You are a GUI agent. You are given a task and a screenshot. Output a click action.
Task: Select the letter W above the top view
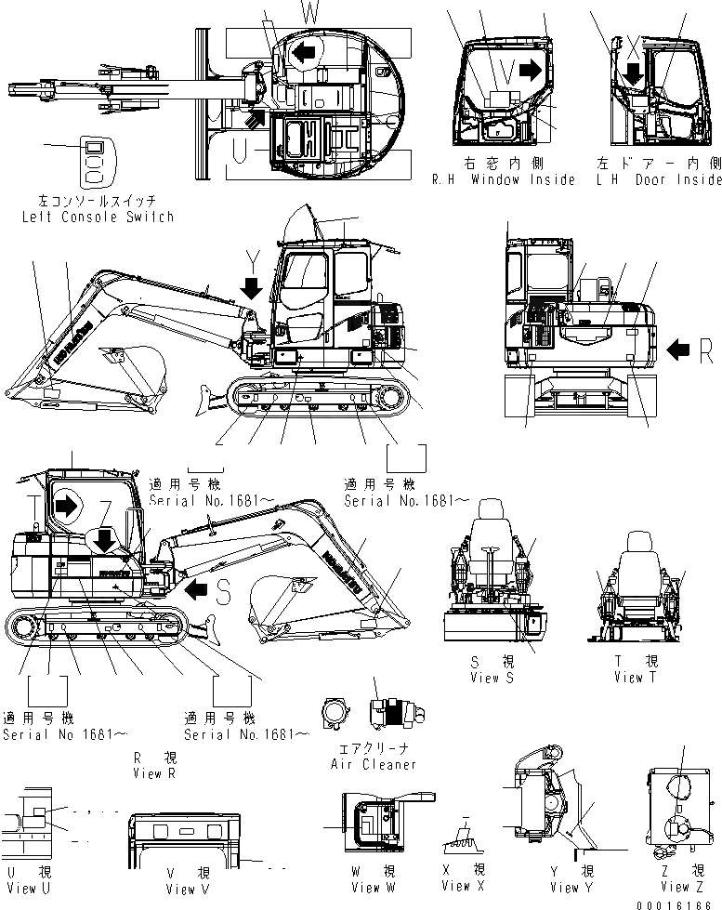pyautogui.click(x=309, y=12)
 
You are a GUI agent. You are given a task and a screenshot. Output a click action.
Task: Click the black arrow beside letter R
pyautogui.click(x=678, y=349)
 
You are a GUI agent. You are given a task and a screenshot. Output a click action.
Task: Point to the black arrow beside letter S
pyautogui.click(x=196, y=587)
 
